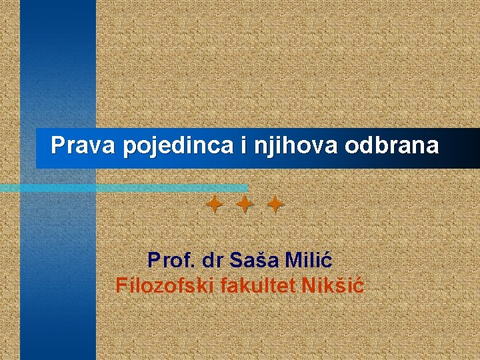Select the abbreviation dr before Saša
[x=214, y=259]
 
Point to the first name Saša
[x=256, y=259]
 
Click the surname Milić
[x=308, y=259]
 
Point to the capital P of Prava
[x=59, y=145]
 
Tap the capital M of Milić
[x=294, y=259]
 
